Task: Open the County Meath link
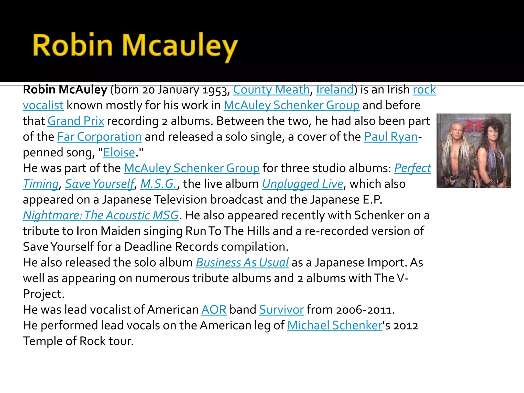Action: click(271, 90)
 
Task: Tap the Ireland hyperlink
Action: click(335, 90)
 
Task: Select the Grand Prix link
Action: click(76, 121)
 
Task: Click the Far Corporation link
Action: click(99, 137)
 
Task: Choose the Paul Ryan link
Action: click(391, 137)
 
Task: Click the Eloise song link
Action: click(119, 153)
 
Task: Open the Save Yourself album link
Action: click(100, 184)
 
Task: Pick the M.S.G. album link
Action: click(158, 184)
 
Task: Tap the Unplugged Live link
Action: click(302, 184)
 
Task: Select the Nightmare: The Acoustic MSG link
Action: click(101, 215)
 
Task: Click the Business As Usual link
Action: click(242, 263)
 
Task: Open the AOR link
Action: click(214, 310)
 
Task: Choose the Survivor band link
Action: click(281, 310)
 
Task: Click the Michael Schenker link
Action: click(335, 326)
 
